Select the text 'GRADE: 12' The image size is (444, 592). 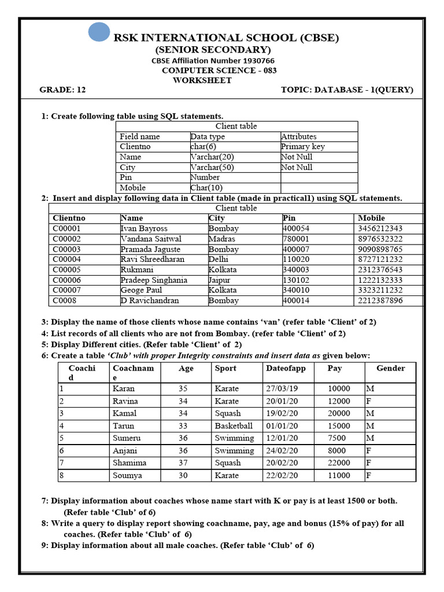[62, 90]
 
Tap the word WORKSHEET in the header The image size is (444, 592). [202, 80]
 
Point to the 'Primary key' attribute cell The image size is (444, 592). [302, 146]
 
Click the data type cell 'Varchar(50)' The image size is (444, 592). [213, 167]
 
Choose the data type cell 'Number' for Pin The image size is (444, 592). [205, 177]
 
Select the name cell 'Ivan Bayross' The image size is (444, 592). [143, 228]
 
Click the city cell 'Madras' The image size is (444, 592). [223, 239]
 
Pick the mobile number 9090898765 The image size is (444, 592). [380, 249]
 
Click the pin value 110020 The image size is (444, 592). [296, 260]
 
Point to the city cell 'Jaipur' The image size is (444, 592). [220, 280]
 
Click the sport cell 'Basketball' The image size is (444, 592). [234, 426]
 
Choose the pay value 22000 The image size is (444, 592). [338, 463]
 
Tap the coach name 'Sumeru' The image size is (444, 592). [127, 438]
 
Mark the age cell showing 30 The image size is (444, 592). [183, 476]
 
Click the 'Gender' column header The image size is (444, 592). [390, 368]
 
